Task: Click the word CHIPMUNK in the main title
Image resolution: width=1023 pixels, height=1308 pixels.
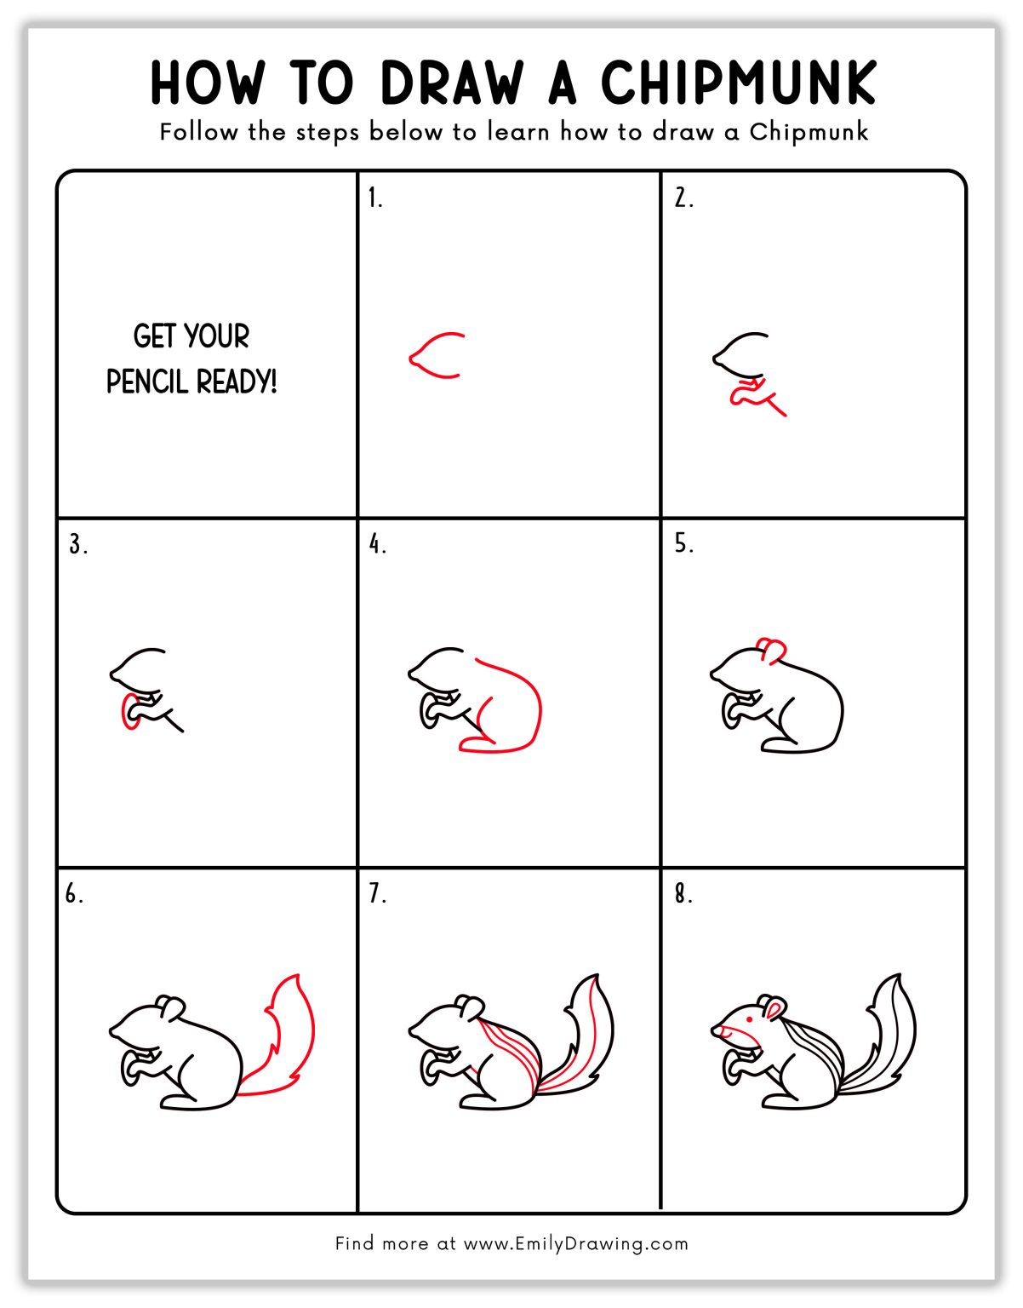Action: (x=738, y=83)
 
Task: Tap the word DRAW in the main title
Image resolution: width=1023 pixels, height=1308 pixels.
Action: (x=452, y=83)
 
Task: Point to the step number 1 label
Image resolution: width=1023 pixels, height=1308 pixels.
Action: (x=374, y=198)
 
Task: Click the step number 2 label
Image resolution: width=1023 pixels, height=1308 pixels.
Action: (x=683, y=198)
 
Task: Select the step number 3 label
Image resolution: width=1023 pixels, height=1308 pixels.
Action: (x=77, y=544)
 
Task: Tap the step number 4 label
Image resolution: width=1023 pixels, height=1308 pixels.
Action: (x=377, y=544)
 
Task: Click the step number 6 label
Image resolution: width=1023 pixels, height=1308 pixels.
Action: (x=74, y=894)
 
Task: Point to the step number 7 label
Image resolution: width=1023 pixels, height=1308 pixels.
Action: (x=377, y=894)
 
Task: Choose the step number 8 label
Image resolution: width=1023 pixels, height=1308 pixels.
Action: (x=683, y=894)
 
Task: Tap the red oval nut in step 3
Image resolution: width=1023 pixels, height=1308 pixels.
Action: (x=129, y=711)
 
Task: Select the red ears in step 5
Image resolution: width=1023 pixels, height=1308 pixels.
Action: (x=771, y=650)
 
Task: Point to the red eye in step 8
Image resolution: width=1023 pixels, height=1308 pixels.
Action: (x=749, y=1018)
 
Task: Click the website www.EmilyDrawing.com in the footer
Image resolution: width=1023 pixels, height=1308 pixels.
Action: (x=575, y=1243)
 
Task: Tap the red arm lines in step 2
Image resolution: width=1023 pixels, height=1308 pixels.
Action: (x=757, y=397)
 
